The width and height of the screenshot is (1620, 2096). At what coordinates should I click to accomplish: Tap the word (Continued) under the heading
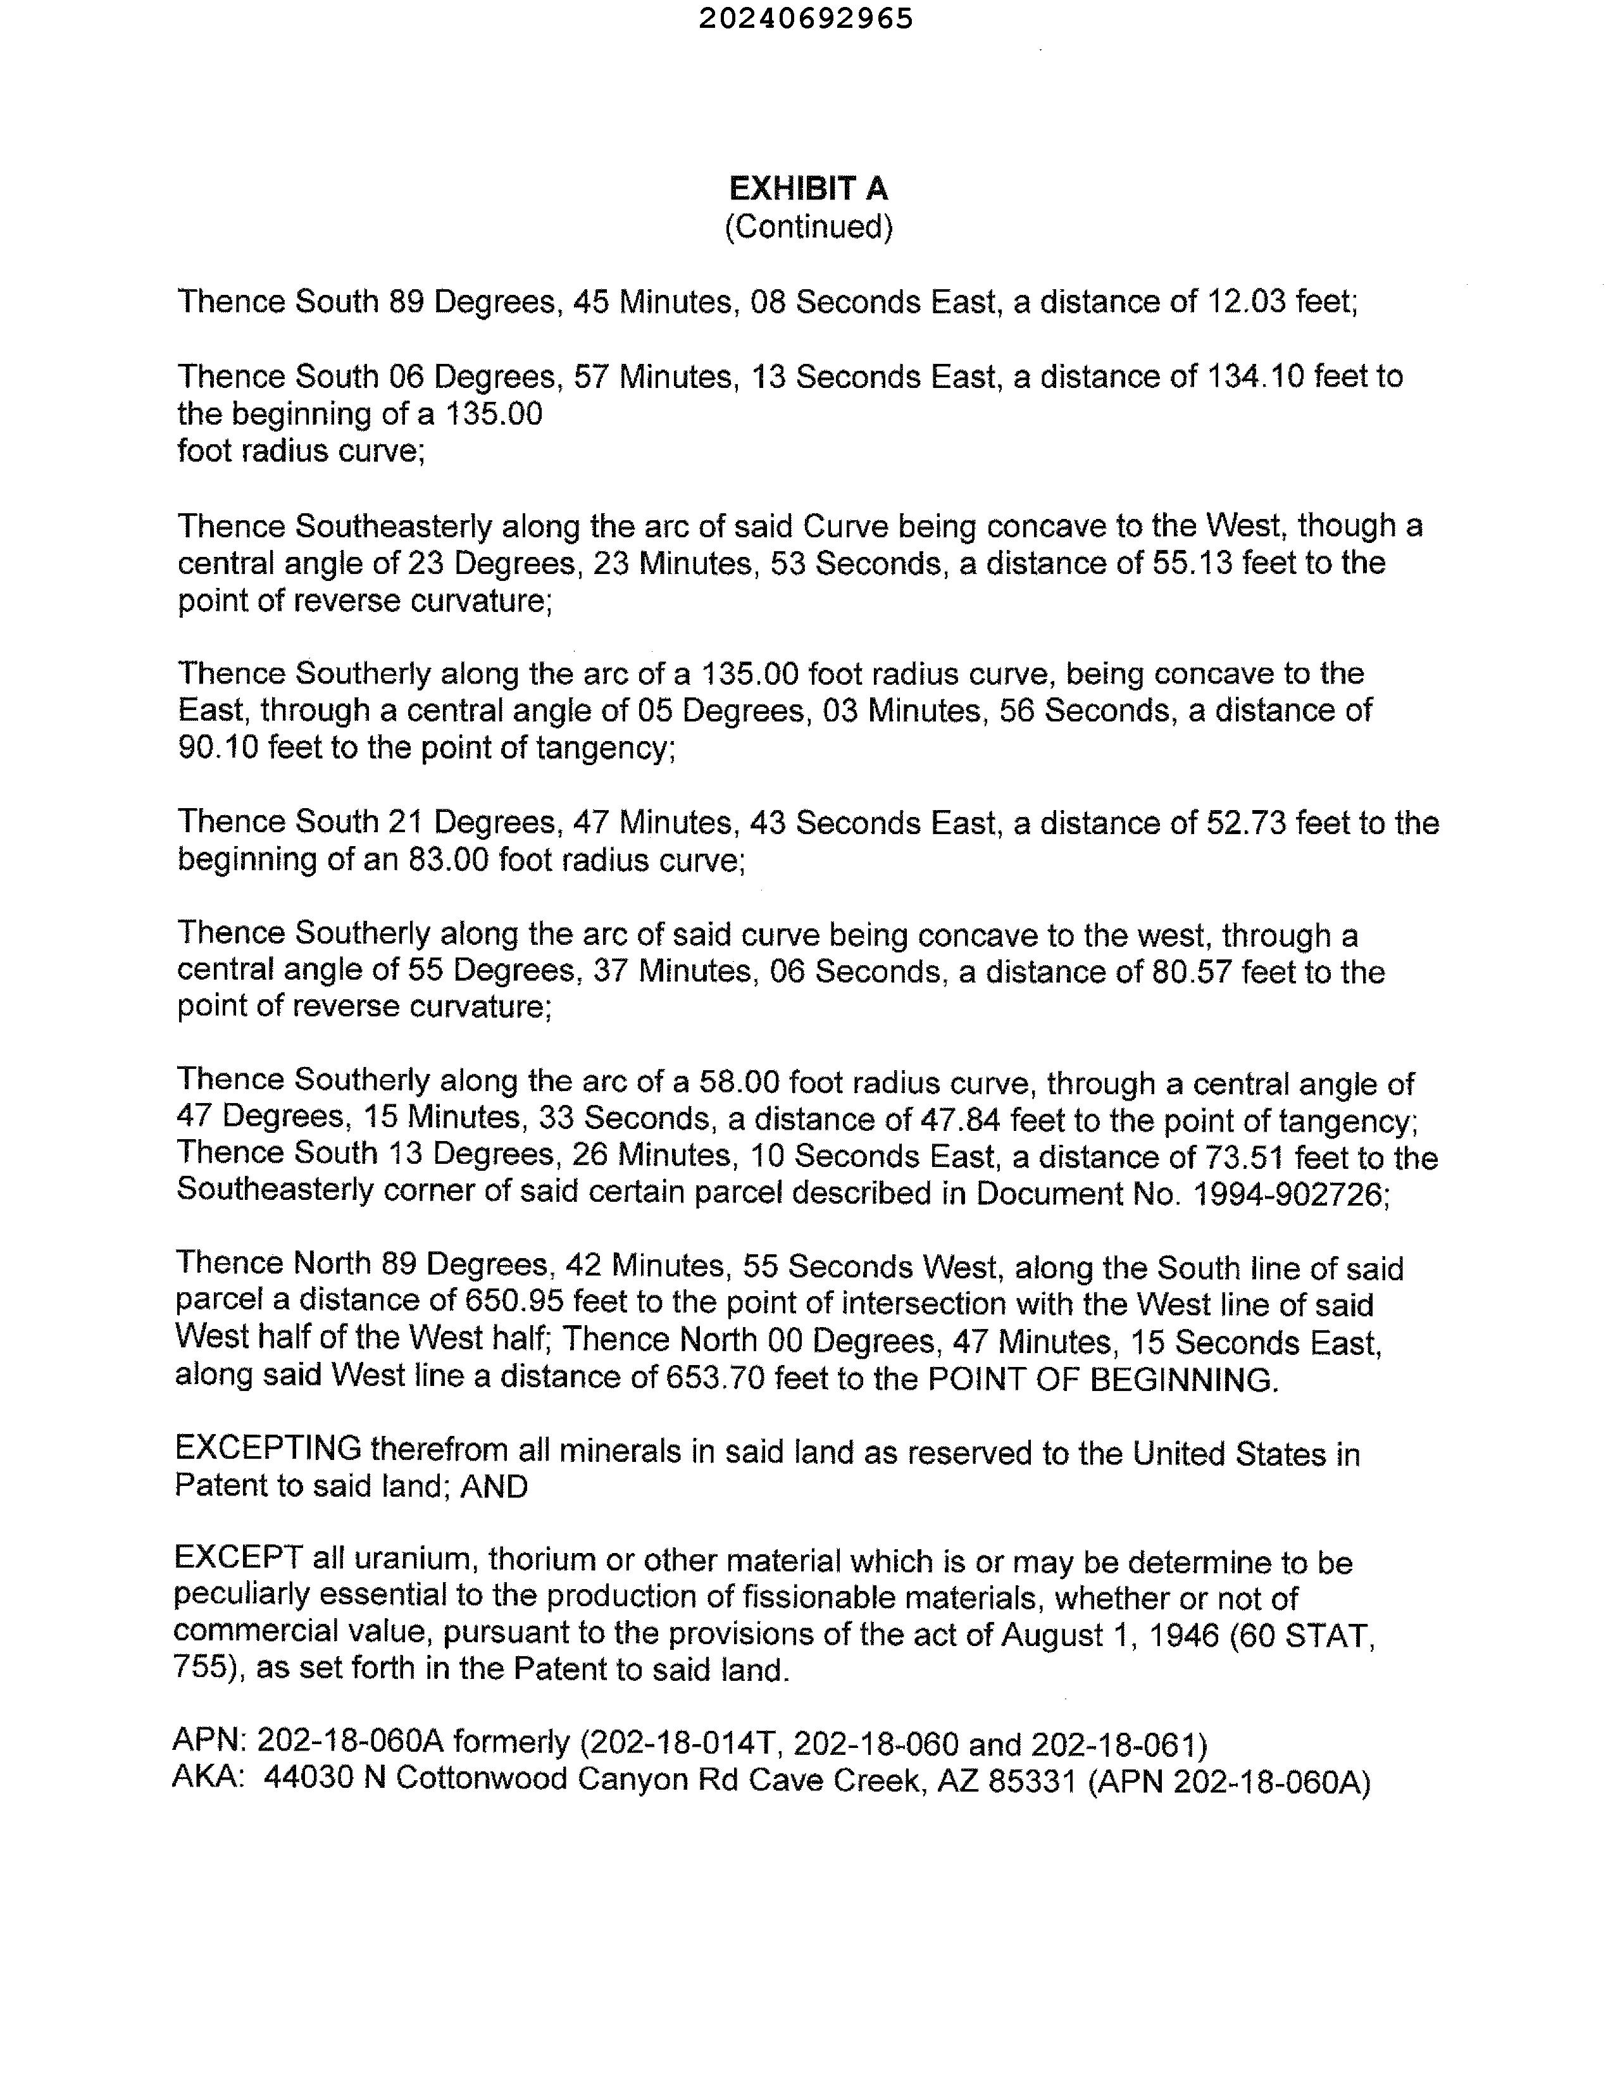pos(808,227)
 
